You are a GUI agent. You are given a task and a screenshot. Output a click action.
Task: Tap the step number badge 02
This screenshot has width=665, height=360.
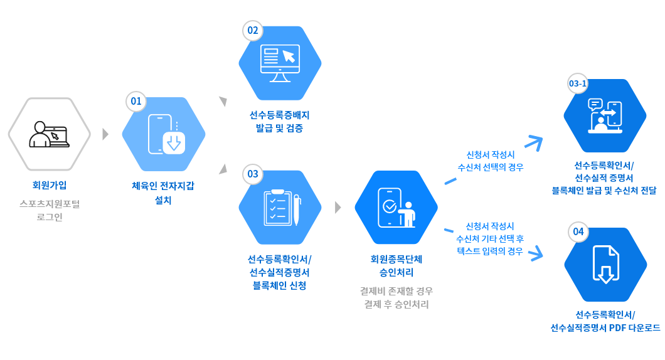[x=253, y=31]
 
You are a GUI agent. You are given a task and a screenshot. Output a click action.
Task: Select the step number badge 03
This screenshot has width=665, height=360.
[x=253, y=174]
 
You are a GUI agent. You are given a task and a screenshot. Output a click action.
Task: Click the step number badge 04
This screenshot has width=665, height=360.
[x=578, y=232]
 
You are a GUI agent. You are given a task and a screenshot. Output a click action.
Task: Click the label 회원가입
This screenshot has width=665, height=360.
[x=50, y=185]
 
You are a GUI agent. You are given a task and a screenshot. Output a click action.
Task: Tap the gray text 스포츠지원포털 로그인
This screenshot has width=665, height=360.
[x=50, y=211]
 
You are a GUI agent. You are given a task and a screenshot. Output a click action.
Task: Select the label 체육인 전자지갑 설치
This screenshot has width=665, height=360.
[x=162, y=193]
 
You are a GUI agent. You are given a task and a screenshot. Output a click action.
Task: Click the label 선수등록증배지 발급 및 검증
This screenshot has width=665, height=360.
[x=280, y=122]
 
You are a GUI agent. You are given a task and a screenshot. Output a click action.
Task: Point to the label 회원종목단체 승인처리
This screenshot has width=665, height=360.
[x=396, y=265]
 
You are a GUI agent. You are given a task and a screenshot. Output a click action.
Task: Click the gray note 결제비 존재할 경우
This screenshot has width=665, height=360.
[x=396, y=291]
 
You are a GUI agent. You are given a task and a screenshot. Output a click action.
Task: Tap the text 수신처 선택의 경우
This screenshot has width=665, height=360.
[x=491, y=167]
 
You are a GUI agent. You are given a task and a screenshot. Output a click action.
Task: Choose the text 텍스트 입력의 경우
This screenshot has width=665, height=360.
[x=491, y=251]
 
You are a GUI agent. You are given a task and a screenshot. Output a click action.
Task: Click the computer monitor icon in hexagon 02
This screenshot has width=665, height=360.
[x=280, y=63]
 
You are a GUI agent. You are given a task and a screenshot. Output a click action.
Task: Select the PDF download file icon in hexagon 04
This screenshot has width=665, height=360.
[x=605, y=264]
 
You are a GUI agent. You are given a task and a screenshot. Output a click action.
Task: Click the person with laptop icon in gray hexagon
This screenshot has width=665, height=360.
[x=50, y=134]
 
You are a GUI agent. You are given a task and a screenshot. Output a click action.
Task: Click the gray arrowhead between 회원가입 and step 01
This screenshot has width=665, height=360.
[x=105, y=134]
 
